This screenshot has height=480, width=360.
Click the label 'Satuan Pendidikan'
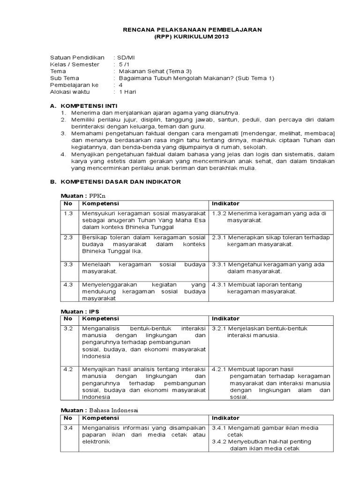pos(77,58)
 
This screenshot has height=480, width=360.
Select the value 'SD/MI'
pos(125,58)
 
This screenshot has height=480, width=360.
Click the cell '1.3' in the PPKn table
pos(68,213)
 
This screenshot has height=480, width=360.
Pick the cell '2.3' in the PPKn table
pos(68,238)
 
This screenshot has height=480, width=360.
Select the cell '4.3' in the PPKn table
pos(68,285)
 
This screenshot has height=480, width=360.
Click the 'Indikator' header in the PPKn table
pos(226,203)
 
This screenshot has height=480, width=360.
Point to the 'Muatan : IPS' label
pos(80,311)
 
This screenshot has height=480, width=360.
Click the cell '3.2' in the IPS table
pos(68,329)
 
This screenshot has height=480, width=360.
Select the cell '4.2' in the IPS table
pos(68,369)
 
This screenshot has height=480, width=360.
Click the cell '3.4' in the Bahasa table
pos(68,427)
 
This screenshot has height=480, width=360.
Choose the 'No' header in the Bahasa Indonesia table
pos(68,418)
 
